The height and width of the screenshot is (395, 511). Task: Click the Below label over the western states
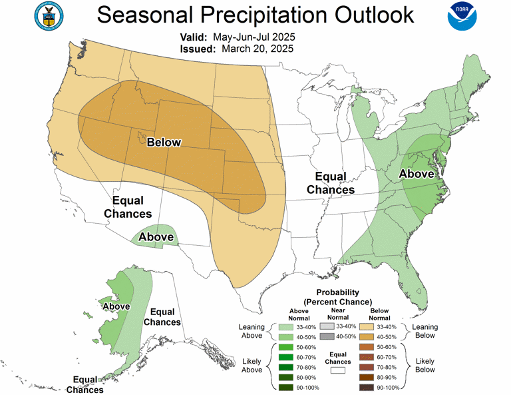(x=164, y=142)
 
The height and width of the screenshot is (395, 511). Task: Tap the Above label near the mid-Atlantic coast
(x=416, y=174)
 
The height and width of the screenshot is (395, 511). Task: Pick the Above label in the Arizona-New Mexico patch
(x=156, y=236)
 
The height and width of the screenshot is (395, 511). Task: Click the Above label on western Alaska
(x=114, y=306)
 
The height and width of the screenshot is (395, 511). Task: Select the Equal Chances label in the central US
(x=330, y=183)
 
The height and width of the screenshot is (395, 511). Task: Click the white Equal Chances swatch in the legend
(x=338, y=370)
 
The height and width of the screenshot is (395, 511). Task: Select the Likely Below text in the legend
(x=425, y=364)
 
